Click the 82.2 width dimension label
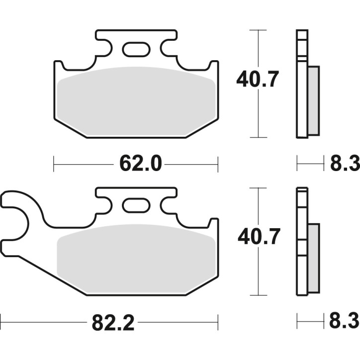coord(113,324)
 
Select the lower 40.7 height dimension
coord(258,237)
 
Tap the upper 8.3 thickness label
coord(344,164)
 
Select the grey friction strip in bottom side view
coord(314,258)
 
